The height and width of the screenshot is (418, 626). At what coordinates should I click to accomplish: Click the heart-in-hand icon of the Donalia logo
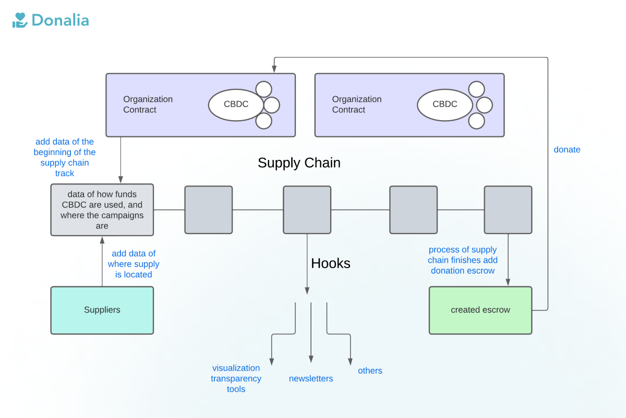20,20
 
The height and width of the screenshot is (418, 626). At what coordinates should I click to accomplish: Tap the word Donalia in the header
60,20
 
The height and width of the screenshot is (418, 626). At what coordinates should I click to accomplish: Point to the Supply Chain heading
299,163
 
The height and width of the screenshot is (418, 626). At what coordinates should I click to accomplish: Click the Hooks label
330,263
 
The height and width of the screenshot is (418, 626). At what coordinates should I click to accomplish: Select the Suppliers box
102,310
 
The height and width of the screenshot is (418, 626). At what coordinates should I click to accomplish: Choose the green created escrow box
480,310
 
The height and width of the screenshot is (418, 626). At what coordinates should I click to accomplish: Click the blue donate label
567,149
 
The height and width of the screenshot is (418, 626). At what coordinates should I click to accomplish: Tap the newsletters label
311,379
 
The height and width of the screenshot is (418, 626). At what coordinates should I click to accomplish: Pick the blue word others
370,370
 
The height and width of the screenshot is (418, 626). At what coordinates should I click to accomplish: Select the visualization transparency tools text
236,378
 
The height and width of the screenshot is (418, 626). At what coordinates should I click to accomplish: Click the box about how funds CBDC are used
102,210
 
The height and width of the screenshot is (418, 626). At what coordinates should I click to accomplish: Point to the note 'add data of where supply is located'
134,264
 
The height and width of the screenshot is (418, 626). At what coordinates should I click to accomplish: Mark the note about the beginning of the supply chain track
65,157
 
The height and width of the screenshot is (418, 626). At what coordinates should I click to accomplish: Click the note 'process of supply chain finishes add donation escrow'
463,260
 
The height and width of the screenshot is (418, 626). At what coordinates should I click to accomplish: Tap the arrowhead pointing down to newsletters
311,359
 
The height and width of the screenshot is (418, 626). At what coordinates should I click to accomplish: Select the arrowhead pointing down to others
350,362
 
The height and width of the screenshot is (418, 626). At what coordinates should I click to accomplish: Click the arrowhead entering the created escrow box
508,283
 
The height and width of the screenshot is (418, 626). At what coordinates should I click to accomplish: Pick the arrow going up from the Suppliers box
102,261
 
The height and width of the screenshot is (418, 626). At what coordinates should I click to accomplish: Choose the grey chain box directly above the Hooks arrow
307,210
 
